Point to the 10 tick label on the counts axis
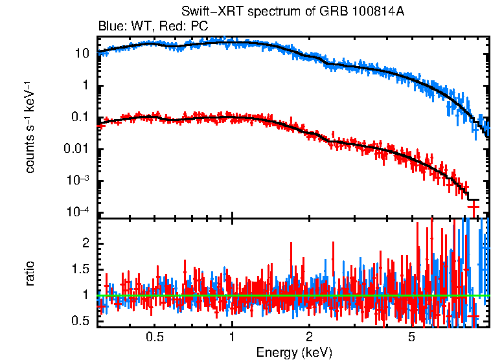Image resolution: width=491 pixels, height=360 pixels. (x=82, y=54)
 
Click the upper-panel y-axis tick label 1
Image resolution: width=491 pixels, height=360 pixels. (x=86, y=86)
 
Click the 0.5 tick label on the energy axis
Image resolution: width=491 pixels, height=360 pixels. (x=155, y=337)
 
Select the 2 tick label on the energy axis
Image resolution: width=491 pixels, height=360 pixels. (x=310, y=337)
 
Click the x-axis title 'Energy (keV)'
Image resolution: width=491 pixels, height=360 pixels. (x=295, y=352)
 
